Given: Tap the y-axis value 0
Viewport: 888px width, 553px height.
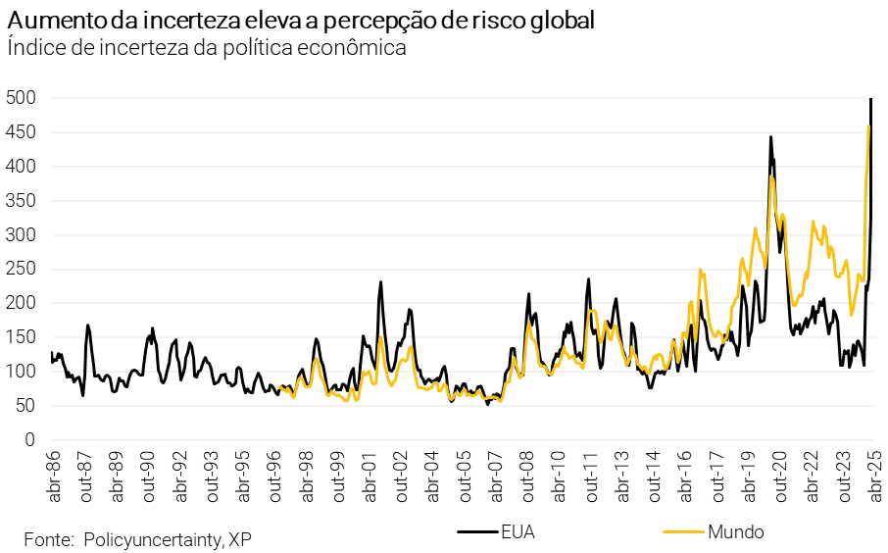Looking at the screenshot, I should tap(30, 439).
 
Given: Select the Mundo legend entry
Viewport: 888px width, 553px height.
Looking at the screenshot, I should tap(735, 532).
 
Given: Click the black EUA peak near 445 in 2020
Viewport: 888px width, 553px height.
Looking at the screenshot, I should tap(770, 137).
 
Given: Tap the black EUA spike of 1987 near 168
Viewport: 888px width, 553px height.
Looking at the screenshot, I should tap(87, 325).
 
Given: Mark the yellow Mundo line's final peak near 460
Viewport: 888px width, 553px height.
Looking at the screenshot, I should tap(868, 126).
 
